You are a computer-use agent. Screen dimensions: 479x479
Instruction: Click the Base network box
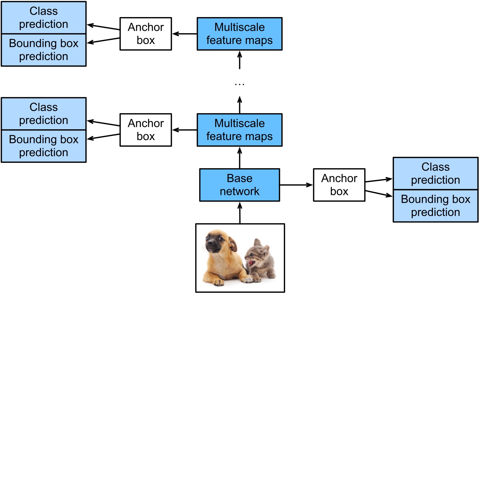coord(239,185)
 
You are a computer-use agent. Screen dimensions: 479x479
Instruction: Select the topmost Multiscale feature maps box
coord(239,34)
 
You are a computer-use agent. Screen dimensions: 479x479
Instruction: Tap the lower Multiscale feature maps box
coord(239,130)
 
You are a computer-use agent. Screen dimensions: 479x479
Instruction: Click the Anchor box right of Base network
coord(339,185)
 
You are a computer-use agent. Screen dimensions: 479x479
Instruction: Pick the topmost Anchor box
coord(146,34)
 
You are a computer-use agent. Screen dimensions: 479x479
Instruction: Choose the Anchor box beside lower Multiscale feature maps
coord(146,130)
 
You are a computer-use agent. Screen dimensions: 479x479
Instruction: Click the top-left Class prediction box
coord(44,17)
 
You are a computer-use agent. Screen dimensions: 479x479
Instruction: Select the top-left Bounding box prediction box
coord(44,50)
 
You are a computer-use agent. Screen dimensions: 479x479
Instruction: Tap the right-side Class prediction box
coord(436,173)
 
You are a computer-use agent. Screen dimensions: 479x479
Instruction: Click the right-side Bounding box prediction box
coord(436,206)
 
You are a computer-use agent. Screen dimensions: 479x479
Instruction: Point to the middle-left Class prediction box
coord(44,113)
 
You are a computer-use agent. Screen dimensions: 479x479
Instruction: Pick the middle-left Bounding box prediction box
coord(44,146)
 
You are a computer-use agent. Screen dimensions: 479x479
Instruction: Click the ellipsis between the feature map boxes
coord(239,85)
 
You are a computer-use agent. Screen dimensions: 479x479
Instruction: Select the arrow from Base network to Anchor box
coord(296,185)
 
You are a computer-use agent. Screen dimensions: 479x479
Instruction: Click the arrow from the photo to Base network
coord(240,213)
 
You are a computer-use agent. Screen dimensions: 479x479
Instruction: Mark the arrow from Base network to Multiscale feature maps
coord(240,157)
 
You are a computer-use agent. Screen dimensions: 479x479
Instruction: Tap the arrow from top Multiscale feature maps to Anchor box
coord(184,34)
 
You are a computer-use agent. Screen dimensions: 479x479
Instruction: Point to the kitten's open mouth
coord(251,263)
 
